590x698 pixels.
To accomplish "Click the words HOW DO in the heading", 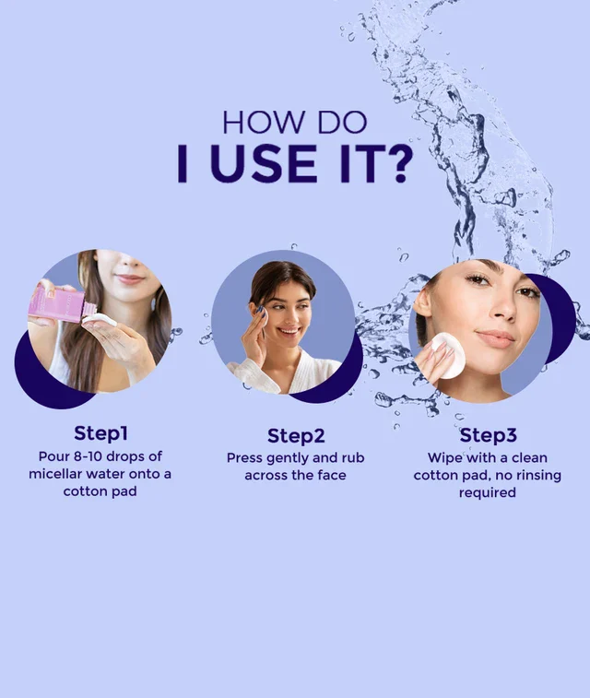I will pos(294,123).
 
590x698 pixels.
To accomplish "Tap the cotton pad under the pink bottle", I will pos(99,320).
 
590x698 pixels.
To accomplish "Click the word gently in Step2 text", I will pos(288,458).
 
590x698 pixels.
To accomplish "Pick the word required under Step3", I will pos(487,493).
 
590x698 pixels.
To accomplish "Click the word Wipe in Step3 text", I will pos(445,458).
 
